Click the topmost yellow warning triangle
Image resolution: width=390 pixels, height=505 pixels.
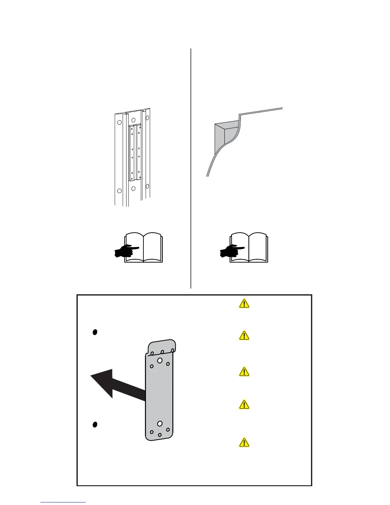(244, 304)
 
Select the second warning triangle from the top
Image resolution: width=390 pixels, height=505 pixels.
(244, 336)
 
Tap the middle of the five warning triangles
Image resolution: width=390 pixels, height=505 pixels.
(244, 372)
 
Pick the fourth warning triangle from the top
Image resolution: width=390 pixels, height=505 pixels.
(244, 405)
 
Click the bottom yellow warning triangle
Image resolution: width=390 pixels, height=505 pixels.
(244, 443)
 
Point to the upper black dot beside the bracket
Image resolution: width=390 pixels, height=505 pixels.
(95, 332)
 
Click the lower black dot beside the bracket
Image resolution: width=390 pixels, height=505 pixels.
(95, 424)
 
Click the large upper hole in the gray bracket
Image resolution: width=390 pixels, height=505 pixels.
(160, 360)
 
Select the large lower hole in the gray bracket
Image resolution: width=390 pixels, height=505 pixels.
(160, 424)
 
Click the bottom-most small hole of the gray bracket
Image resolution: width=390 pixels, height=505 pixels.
(160, 435)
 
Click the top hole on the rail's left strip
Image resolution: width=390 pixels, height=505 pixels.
(119, 122)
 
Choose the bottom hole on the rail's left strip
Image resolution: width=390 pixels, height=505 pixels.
(119, 191)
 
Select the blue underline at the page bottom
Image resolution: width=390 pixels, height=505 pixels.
(63, 502)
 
